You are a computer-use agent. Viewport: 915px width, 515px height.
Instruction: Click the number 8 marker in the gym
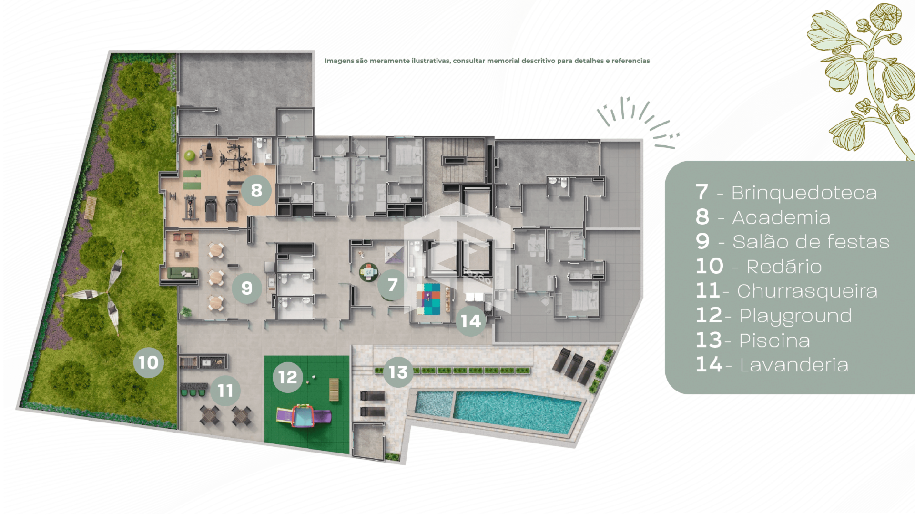[x=256, y=190]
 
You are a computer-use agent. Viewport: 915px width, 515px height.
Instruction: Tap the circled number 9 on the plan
[x=247, y=288]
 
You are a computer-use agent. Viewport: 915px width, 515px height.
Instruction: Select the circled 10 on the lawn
[x=149, y=362]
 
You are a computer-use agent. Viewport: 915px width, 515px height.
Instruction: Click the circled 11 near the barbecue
[x=225, y=391]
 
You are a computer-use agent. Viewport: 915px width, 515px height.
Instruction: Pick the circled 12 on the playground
[x=288, y=377]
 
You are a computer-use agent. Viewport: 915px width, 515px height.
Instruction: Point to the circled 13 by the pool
[x=398, y=372]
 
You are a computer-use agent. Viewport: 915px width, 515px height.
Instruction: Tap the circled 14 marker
[x=471, y=321]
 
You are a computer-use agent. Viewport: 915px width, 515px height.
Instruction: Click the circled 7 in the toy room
[x=393, y=285]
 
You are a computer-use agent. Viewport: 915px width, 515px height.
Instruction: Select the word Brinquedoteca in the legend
[x=804, y=193]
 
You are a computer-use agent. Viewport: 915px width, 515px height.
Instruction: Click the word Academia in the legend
[x=781, y=217]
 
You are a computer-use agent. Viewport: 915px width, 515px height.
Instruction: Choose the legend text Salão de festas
[x=811, y=242]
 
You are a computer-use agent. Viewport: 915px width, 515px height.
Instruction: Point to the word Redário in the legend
[x=784, y=267]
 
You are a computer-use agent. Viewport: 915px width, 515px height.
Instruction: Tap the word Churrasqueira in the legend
[x=807, y=291]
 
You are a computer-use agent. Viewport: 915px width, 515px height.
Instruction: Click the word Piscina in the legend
[x=774, y=340]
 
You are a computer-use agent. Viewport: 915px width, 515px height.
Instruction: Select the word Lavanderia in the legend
[x=794, y=365]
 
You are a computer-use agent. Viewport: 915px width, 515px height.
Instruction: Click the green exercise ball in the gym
[x=190, y=156]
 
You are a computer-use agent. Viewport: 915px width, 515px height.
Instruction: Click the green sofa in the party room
[x=183, y=273]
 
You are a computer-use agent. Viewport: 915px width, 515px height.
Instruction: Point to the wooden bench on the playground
[x=334, y=390]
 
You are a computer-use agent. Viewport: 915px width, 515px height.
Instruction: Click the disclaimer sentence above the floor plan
[x=487, y=61]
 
